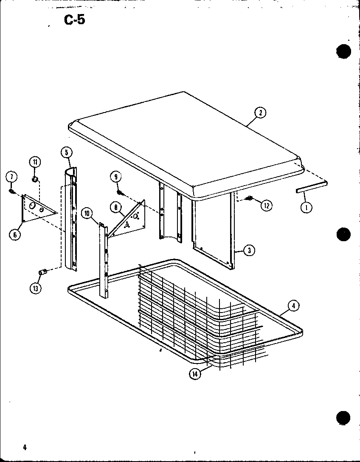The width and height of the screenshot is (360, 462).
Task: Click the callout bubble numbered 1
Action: coord(305,207)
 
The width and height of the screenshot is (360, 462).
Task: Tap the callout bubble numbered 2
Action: coord(260,113)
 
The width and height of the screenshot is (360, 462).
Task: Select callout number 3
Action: coord(249,251)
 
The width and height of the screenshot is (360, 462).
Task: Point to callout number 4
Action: coord(293,305)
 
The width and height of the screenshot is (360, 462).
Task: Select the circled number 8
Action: coord(115,208)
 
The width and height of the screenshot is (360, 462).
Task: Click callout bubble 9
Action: coord(115,176)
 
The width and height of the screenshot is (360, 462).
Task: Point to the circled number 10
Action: coord(87,213)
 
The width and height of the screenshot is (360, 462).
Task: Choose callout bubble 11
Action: coord(34,161)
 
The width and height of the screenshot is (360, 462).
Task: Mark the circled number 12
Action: coord(267,206)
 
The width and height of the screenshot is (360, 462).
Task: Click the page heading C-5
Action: coord(74,20)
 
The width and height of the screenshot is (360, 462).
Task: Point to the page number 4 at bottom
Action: coord(25,447)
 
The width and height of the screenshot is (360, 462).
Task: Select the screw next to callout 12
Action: coord(250,197)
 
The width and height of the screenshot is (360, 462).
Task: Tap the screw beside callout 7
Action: coord(12,192)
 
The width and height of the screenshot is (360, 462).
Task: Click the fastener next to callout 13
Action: coord(42,271)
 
